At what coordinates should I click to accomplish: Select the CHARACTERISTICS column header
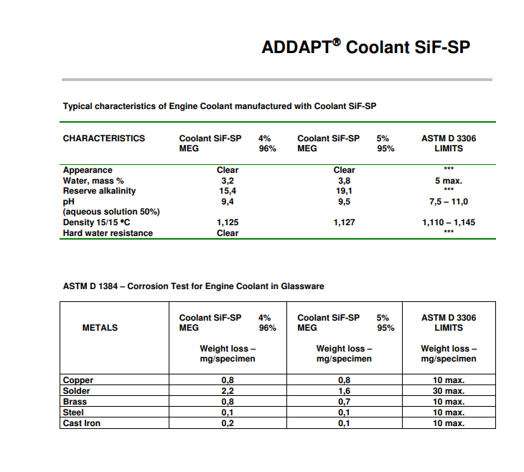click(x=104, y=138)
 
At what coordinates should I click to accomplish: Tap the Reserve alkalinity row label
click(x=99, y=192)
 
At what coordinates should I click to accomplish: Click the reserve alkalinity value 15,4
click(x=228, y=192)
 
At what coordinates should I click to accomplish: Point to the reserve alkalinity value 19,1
click(x=345, y=192)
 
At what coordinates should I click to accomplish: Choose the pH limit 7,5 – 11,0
click(x=449, y=202)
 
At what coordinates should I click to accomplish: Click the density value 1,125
click(x=228, y=222)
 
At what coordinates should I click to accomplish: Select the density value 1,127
click(x=345, y=222)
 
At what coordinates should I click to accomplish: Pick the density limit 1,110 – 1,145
click(x=449, y=222)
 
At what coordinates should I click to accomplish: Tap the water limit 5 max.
click(x=449, y=181)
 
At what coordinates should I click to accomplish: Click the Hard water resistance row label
click(x=108, y=233)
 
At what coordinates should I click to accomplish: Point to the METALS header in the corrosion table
click(x=100, y=328)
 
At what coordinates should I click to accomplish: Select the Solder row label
click(x=76, y=391)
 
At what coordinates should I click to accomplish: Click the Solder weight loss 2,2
click(x=228, y=391)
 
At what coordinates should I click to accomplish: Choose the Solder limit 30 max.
click(x=449, y=391)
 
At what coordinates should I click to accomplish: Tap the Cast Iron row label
click(x=82, y=423)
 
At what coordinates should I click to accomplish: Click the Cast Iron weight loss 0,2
click(x=228, y=423)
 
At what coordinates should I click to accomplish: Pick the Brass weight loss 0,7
click(x=345, y=402)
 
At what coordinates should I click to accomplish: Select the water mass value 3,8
click(x=345, y=181)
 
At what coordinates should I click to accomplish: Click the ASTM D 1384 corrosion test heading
click(x=194, y=286)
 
